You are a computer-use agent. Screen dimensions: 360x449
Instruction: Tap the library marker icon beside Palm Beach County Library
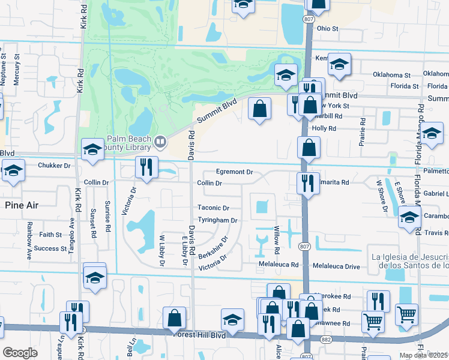tap(160, 142)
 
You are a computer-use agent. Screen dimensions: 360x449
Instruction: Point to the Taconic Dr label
tap(214, 208)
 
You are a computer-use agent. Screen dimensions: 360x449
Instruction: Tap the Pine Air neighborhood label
tap(22, 205)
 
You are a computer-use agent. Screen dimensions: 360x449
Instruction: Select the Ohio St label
tap(328, 28)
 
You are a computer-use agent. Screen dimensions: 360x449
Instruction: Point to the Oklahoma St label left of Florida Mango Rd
tap(391, 76)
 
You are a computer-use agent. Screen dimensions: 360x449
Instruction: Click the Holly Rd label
tap(324, 128)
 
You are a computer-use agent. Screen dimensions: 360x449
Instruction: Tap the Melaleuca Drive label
tap(334, 265)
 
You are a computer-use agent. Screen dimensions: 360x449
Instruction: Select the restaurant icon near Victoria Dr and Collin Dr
tap(146, 168)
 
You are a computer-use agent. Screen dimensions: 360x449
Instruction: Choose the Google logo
tap(20, 353)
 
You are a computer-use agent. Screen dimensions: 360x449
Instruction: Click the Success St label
tap(50, 248)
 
